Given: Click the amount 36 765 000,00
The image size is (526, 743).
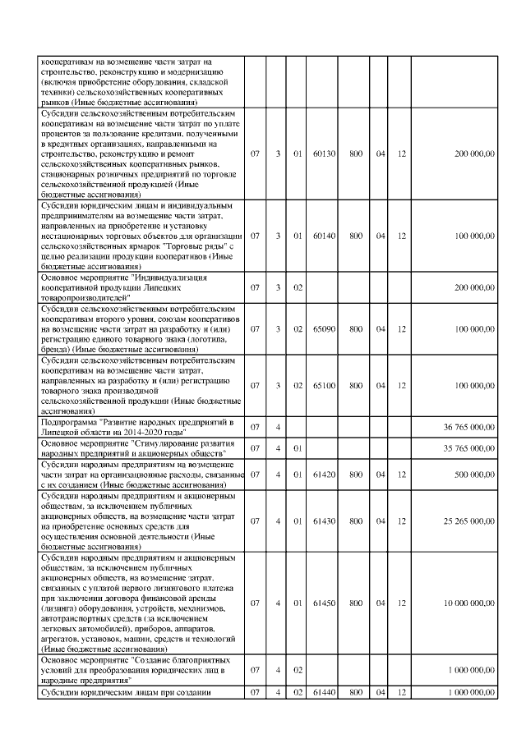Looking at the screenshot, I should (x=468, y=427).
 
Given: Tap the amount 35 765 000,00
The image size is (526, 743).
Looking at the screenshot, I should (x=468, y=450).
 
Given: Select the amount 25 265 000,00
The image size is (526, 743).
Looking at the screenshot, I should (x=468, y=520).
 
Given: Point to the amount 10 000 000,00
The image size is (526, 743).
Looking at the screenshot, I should (x=468, y=602).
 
